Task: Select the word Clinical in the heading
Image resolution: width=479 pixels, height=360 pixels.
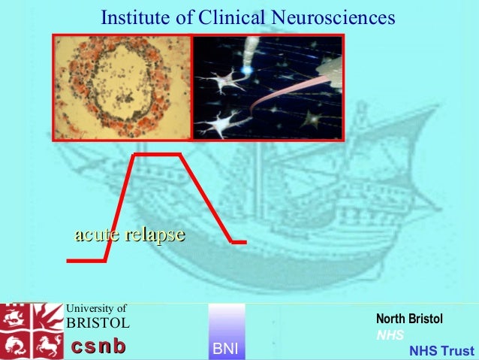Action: (223, 17)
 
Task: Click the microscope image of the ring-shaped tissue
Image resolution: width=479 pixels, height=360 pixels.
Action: (122, 86)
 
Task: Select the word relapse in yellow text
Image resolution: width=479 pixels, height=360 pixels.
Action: (155, 235)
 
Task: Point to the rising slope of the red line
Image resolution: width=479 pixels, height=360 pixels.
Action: (120, 207)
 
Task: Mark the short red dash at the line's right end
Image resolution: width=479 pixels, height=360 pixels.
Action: (239, 242)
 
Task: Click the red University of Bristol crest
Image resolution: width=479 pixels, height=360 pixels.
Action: (32, 331)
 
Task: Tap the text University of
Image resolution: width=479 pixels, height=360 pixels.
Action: (97, 307)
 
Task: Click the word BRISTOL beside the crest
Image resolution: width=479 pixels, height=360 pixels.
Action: (98, 323)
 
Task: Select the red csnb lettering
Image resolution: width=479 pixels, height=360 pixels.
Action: (98, 346)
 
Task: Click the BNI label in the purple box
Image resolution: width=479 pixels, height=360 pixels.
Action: (225, 349)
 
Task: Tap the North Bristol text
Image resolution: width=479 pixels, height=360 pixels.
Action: (409, 319)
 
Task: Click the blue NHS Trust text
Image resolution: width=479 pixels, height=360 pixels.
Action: (441, 351)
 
